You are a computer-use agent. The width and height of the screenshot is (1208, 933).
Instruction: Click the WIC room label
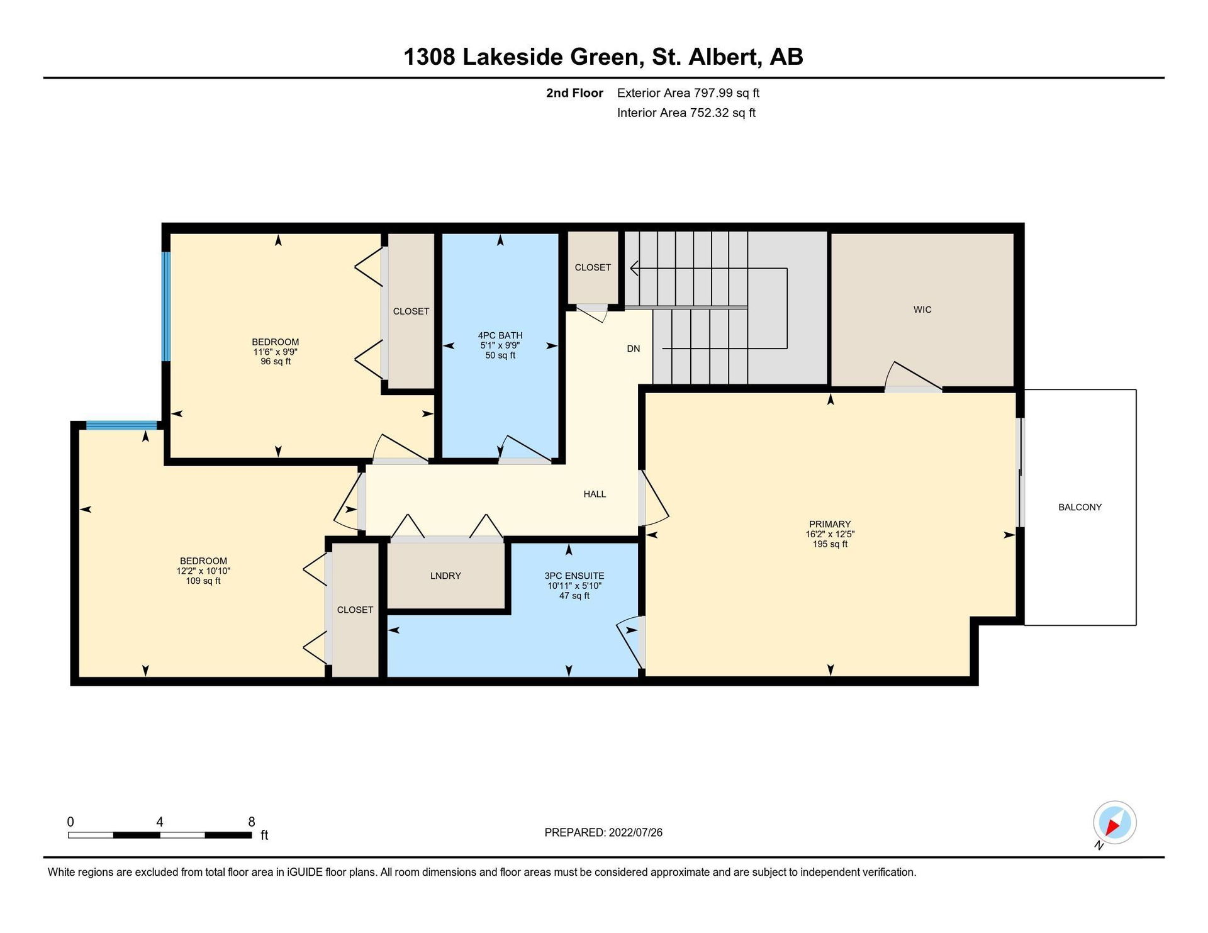pos(922,310)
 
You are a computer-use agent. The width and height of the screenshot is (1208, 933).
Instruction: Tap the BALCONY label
pos(1080,507)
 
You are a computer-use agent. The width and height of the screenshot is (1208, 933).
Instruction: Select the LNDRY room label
pos(445,576)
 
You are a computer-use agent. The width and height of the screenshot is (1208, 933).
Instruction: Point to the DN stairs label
pos(634,349)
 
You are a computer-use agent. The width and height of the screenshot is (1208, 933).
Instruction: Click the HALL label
pos(595,494)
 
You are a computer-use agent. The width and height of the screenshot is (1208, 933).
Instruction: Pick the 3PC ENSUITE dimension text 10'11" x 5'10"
pos(574,586)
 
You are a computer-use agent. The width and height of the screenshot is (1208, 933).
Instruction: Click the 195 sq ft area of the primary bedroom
pos(830,544)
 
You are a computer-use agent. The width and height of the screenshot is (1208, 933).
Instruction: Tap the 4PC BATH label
pos(500,335)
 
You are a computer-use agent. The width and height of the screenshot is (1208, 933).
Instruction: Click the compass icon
pos(1114,823)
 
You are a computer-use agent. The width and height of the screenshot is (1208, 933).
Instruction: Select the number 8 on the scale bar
pos(252,822)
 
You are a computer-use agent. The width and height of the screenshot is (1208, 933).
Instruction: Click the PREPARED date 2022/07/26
pos(635,832)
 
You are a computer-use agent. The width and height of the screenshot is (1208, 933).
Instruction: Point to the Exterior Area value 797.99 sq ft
pos(727,93)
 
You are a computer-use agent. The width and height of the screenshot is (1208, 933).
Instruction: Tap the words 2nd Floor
pos(574,93)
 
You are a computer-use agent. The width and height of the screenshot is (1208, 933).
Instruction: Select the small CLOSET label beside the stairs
pos(593,267)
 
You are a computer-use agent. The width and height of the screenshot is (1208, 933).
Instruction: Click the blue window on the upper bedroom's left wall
pos(166,306)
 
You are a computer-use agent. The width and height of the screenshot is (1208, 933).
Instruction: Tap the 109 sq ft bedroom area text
pos(203,581)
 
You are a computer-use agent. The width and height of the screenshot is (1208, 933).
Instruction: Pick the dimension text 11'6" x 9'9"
pos(276,352)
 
